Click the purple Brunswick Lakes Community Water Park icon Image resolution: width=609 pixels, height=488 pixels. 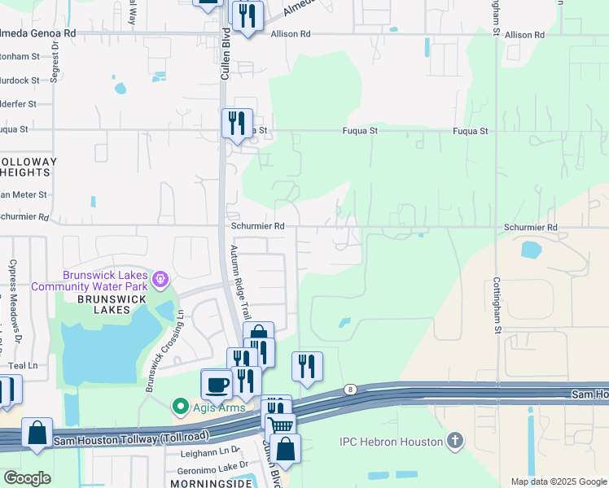click(x=161, y=280)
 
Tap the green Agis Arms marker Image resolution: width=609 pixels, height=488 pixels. click(x=179, y=405)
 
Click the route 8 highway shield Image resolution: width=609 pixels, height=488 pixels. click(x=349, y=390)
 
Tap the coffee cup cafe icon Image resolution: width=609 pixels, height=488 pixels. click(x=216, y=384)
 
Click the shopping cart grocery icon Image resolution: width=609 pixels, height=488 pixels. click(x=281, y=425)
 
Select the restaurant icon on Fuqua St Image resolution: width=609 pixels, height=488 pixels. click(x=237, y=123)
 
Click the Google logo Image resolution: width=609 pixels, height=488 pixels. click(x=27, y=477)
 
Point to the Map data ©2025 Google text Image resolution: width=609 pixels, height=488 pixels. click(x=558, y=481)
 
